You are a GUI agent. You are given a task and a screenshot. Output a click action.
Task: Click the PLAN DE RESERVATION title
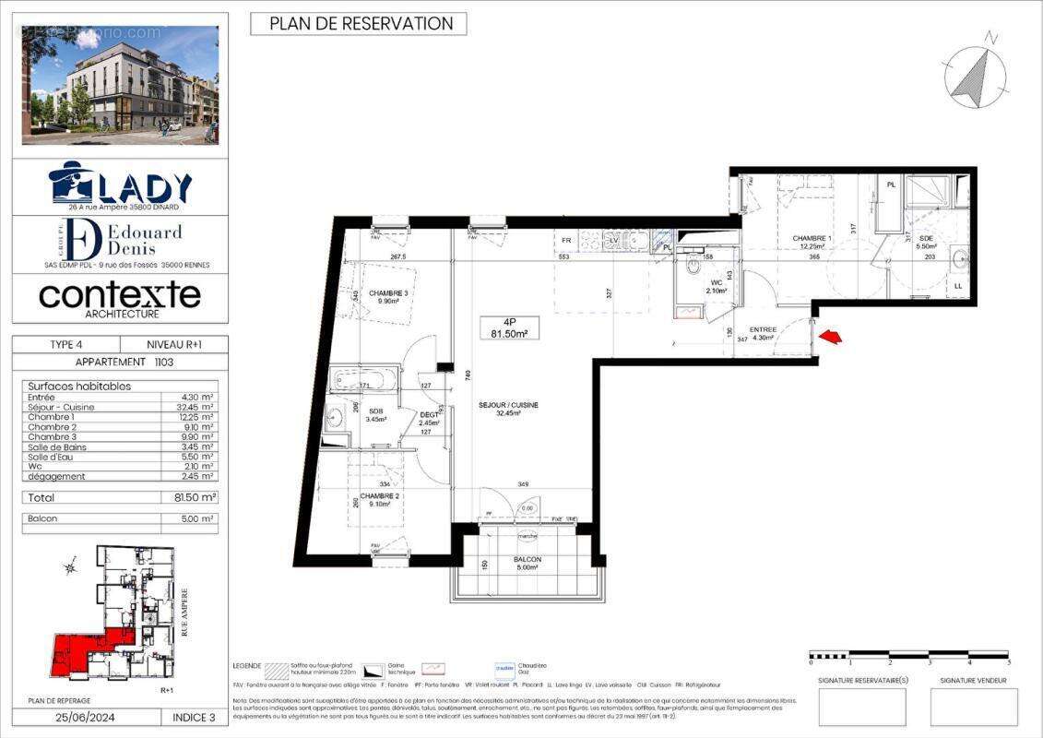(359, 24)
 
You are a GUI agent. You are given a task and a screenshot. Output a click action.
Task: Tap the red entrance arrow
(831, 338)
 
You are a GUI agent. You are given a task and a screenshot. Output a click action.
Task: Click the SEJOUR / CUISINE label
(508, 409)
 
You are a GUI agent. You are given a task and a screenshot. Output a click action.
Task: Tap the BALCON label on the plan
(527, 564)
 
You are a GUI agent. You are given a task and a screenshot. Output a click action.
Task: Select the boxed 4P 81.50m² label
(508, 327)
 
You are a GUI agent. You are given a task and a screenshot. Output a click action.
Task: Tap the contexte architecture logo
(120, 298)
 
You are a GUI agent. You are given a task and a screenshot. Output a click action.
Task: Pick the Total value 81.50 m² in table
(195, 497)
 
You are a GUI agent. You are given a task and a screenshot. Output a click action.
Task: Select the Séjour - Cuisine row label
(61, 407)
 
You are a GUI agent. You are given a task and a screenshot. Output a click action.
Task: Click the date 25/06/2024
(89, 717)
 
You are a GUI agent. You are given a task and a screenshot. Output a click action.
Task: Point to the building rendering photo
(121, 84)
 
